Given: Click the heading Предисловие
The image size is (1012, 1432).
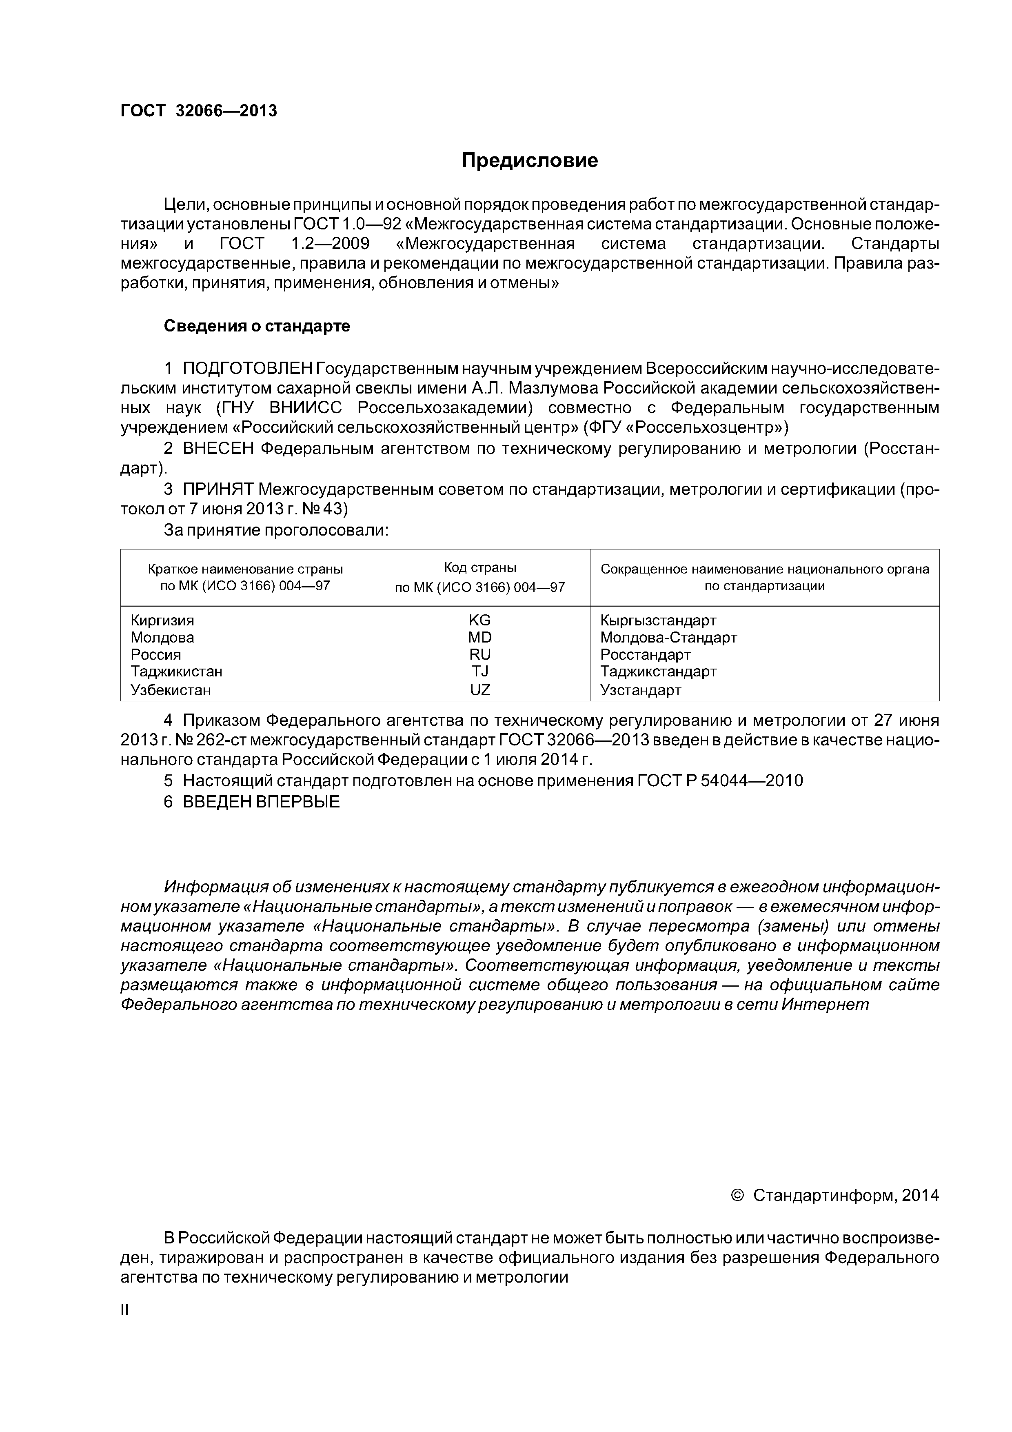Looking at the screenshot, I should pos(529,161).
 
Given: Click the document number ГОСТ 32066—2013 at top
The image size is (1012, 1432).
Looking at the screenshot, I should pos(198,111).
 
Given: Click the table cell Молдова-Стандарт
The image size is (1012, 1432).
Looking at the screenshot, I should pos(668,637).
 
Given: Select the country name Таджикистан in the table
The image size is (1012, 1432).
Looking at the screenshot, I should pos(176,672).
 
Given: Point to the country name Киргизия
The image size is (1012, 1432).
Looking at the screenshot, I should pos(162,620).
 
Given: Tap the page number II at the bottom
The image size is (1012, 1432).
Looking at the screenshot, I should pos(124,1310).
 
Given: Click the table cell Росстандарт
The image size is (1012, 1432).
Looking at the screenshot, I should pos(646,655).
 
